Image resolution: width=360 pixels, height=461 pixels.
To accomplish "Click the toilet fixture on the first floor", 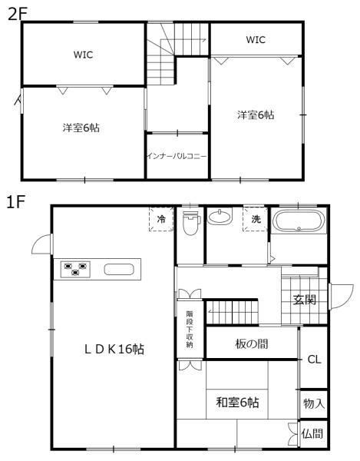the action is (191, 223).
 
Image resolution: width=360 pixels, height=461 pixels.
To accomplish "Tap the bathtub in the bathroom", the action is (299, 221).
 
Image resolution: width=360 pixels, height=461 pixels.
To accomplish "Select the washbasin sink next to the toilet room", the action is (220, 217).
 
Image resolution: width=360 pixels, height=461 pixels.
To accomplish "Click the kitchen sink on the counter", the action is (119, 270).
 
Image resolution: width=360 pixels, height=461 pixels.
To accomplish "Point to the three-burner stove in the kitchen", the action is (75, 270).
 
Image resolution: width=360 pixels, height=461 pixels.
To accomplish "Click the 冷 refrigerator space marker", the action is (161, 219).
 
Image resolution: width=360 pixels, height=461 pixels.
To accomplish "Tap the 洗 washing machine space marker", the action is (256, 219).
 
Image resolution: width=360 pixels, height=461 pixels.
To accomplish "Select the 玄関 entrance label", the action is (305, 300).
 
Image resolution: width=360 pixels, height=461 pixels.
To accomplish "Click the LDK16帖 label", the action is (114, 349).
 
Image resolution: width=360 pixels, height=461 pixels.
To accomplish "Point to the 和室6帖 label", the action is (237, 402).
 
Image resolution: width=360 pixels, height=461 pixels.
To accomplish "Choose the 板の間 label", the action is (252, 343).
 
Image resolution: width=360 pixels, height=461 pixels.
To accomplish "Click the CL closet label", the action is (314, 360).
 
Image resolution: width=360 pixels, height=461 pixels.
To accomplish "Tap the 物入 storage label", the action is (314, 403).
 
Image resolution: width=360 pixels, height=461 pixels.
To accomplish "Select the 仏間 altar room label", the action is (312, 433).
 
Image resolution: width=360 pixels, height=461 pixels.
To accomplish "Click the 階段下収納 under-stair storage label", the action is (190, 330).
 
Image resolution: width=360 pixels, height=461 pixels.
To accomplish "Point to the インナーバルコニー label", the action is (177, 156).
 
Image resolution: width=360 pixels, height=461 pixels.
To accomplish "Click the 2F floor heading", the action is (17, 14).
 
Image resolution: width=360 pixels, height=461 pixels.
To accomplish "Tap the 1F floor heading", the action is (15, 202).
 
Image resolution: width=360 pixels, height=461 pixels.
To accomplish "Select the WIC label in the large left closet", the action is (83, 55).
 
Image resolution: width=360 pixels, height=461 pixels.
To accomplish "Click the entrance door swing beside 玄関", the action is (342, 297).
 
